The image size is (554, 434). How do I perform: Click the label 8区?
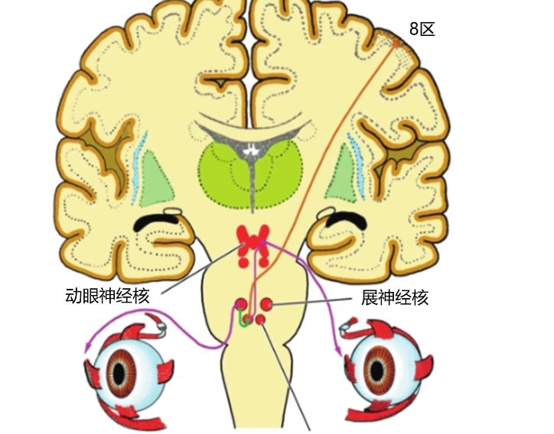click(x=422, y=28)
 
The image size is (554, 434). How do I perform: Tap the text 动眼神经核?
click(x=107, y=296)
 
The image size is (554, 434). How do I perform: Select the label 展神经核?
click(x=395, y=297)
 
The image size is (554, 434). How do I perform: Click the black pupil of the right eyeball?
click(x=377, y=370)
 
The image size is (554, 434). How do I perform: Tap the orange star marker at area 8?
click(x=396, y=44)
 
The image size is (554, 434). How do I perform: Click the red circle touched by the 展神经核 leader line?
click(x=266, y=304)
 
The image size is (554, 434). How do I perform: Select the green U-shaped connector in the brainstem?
click(x=245, y=319)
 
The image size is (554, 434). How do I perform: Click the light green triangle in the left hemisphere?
click(x=156, y=180)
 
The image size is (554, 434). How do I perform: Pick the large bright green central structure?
click(x=250, y=175)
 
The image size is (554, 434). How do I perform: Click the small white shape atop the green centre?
click(x=252, y=150)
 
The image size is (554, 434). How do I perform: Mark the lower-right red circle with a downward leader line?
click(x=260, y=320)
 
